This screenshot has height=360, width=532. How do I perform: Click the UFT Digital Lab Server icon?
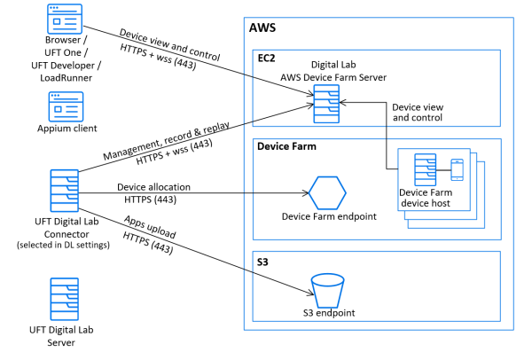tap(66, 298)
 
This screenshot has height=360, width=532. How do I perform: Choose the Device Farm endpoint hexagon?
tap(326, 191)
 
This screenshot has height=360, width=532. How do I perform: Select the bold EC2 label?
tap(267, 58)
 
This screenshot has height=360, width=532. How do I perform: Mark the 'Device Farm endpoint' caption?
tap(326, 216)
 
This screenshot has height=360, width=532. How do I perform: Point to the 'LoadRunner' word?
tap(65, 78)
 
